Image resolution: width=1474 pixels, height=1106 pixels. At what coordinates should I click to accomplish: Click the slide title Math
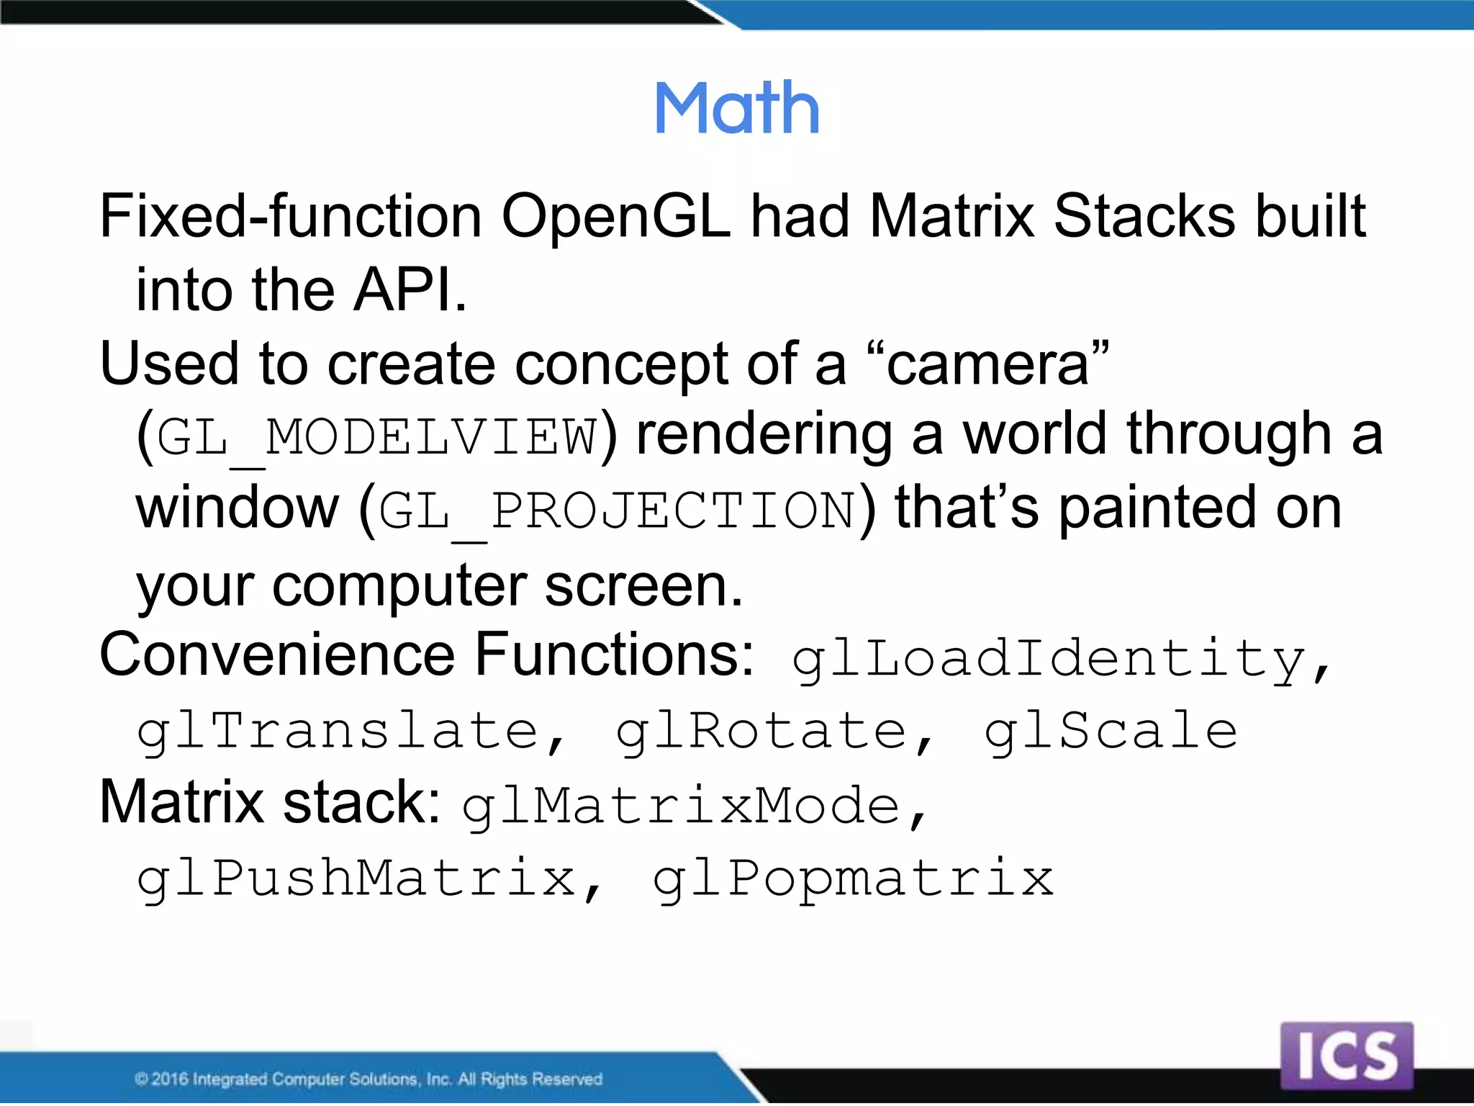click(737, 109)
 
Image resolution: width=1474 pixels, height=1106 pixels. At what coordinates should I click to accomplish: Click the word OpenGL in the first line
click(616, 217)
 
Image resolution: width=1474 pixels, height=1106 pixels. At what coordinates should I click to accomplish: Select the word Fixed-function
click(290, 217)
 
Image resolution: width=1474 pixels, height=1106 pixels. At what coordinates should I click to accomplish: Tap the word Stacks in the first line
click(1144, 217)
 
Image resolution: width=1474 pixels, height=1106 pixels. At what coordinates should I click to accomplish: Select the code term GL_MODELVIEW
click(376, 438)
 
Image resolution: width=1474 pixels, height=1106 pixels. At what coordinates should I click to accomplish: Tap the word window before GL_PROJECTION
click(238, 508)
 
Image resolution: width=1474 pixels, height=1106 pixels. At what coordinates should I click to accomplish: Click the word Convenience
click(276, 655)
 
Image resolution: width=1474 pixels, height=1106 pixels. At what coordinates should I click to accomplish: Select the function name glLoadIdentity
click(1049, 660)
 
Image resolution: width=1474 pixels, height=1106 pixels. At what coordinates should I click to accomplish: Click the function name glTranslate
click(338, 733)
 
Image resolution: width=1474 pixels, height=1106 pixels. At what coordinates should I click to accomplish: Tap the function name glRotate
click(761, 733)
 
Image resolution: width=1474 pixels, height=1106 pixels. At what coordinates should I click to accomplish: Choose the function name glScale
click(1111, 733)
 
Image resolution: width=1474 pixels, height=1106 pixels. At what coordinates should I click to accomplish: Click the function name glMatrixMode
click(681, 806)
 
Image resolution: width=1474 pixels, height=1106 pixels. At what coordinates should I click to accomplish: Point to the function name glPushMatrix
click(356, 880)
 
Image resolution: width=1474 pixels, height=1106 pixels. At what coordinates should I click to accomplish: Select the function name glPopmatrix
click(853, 880)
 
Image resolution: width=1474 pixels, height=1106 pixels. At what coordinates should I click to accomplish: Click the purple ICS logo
click(1347, 1056)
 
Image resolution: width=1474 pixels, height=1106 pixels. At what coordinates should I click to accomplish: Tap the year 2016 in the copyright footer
click(170, 1079)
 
